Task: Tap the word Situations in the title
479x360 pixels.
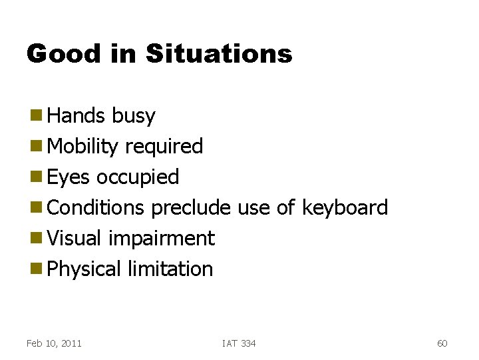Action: [219, 53]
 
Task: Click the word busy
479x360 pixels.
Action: [133, 116]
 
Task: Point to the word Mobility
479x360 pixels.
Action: [83, 147]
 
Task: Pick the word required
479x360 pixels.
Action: [164, 147]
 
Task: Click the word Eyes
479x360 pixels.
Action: [69, 177]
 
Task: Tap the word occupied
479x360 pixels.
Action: [138, 177]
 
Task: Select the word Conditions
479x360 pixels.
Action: [96, 207]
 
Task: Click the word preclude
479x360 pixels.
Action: [190, 207]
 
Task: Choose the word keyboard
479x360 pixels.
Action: [345, 207]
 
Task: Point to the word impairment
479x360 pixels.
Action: [161, 239]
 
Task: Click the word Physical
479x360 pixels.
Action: [84, 269]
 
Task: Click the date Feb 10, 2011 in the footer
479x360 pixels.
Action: [54, 343]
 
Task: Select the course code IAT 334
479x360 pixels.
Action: [239, 343]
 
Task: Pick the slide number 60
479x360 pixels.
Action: [442, 343]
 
